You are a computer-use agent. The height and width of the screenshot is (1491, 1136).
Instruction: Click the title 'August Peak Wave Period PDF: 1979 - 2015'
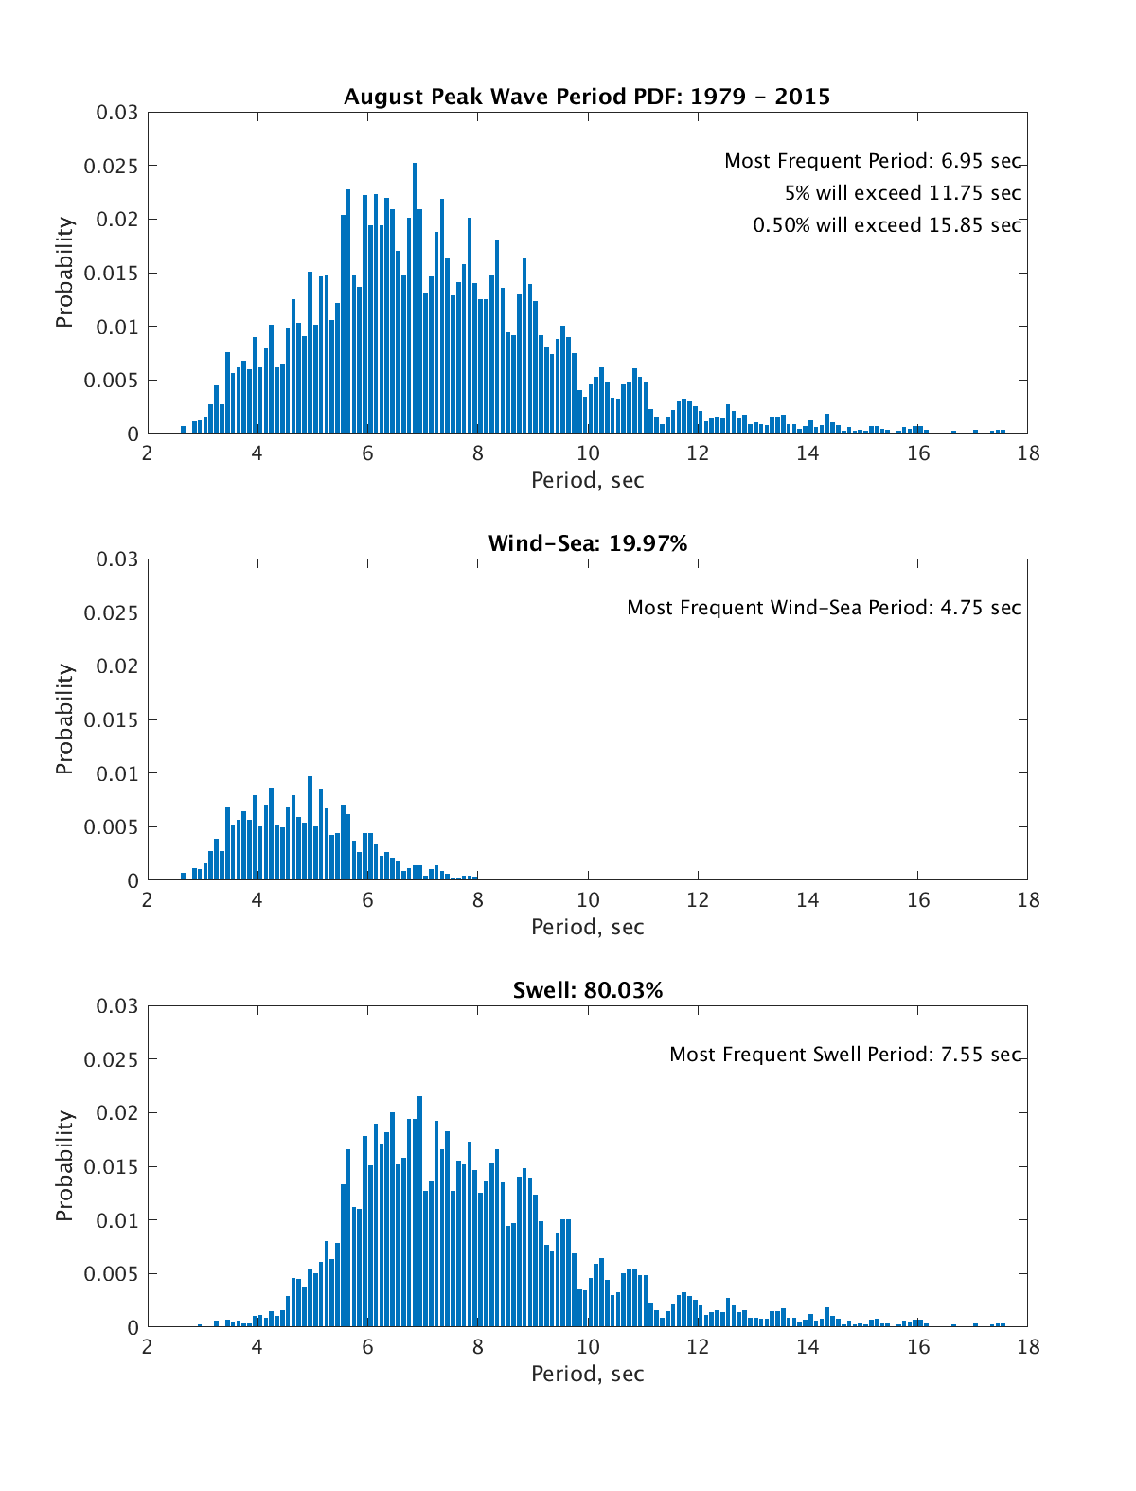[x=587, y=97]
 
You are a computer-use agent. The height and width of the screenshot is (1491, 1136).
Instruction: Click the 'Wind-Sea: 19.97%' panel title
[x=587, y=543]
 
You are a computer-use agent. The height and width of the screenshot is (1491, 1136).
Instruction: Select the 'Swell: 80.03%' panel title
[x=587, y=990]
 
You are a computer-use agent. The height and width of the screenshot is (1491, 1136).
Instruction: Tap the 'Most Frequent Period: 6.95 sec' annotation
[x=872, y=161]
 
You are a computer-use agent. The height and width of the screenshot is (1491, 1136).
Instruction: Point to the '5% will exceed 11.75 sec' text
[x=902, y=193]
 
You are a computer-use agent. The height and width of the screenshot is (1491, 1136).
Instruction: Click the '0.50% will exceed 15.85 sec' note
[x=886, y=225]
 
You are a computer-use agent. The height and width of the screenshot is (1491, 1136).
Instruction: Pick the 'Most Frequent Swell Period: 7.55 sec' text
[x=844, y=1055]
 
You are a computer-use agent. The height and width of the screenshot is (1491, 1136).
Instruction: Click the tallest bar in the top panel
[x=415, y=298]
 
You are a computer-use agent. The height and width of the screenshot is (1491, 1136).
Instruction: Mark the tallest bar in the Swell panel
[x=419, y=1212]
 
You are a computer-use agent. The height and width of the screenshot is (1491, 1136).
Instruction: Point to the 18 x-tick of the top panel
[x=1027, y=453]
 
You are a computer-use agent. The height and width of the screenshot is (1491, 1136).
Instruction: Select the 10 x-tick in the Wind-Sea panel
[x=588, y=899]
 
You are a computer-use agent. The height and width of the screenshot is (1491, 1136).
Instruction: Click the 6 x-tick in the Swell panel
[x=367, y=1346]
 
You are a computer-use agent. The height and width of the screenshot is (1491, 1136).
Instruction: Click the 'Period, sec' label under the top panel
[x=587, y=480]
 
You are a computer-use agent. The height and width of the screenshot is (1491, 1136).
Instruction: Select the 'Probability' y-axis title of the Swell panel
[x=64, y=1165]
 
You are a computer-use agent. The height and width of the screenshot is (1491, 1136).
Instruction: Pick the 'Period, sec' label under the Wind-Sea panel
[x=587, y=927]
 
